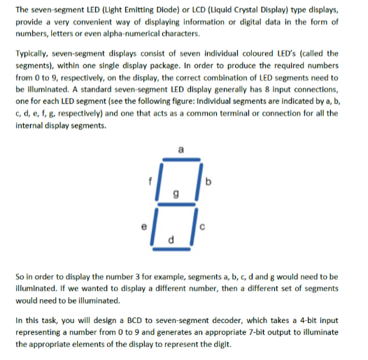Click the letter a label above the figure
[x=182, y=149]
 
